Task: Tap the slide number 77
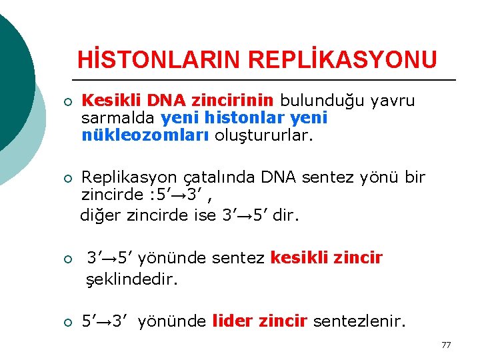[x=446, y=345]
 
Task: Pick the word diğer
[x=99, y=215]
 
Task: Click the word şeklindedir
[x=132, y=279]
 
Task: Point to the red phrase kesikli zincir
[x=327, y=258]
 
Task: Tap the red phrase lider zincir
[x=259, y=322]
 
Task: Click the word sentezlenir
[x=359, y=322]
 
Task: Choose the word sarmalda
[x=118, y=118]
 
